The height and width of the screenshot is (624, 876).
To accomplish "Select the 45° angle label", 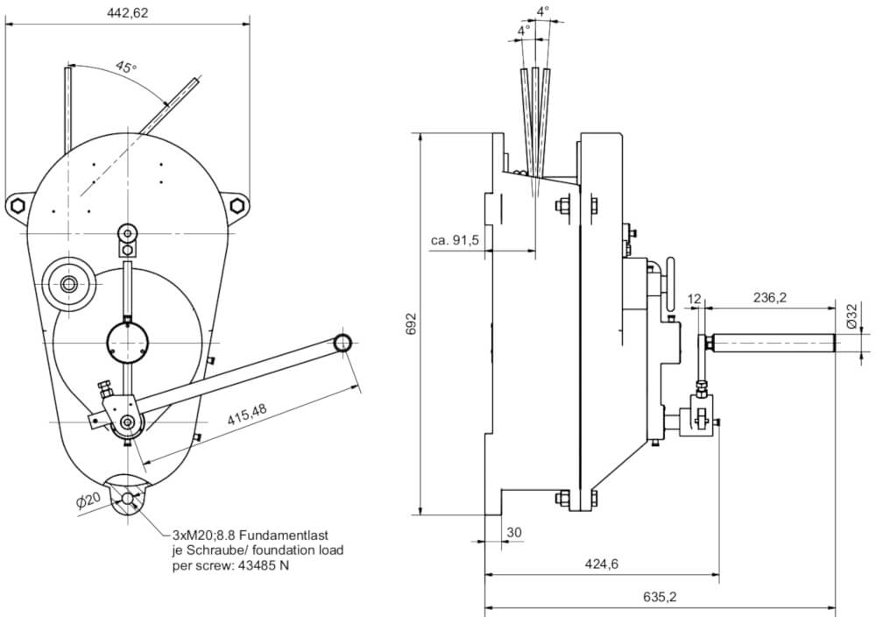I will point(126,67).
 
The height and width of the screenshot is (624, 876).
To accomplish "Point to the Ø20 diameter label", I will point(91,501).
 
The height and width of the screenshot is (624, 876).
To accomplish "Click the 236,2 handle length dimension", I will point(769,298).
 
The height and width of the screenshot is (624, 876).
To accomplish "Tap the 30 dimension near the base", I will point(513,532).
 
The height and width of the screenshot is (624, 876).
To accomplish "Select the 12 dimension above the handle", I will point(696,298).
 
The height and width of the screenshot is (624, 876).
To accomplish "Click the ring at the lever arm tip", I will point(342,342).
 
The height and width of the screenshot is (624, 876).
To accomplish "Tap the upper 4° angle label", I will point(543,11).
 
